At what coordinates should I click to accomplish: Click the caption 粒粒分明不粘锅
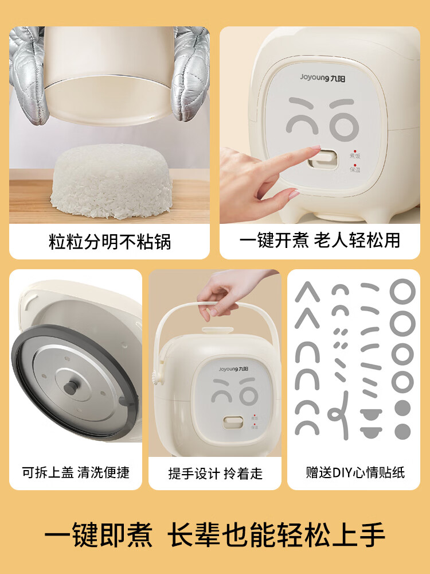coord(110,241)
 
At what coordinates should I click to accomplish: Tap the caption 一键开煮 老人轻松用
coord(319,240)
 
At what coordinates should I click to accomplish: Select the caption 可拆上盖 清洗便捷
coord(76,472)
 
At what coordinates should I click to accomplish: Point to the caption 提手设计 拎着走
coord(215,473)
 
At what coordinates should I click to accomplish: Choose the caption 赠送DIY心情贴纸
coord(355,472)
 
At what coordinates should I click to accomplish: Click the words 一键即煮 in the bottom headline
coord(99,535)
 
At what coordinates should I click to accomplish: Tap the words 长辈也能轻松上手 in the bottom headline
coord(276,535)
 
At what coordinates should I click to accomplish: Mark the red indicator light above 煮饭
coord(354,149)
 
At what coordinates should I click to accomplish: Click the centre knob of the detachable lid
coord(71,388)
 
